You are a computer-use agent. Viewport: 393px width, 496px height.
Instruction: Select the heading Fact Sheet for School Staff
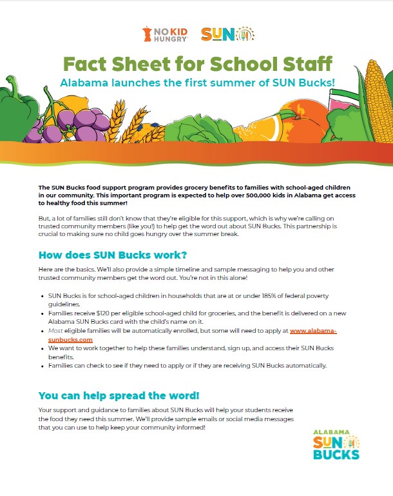(198, 64)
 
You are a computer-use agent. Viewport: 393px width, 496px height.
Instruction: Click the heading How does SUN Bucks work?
(113, 253)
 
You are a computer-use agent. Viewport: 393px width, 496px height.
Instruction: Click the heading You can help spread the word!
(118, 395)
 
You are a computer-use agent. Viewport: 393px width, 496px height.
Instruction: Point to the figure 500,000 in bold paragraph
(271, 194)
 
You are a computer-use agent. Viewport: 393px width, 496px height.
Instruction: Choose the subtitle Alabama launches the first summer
(198, 82)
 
